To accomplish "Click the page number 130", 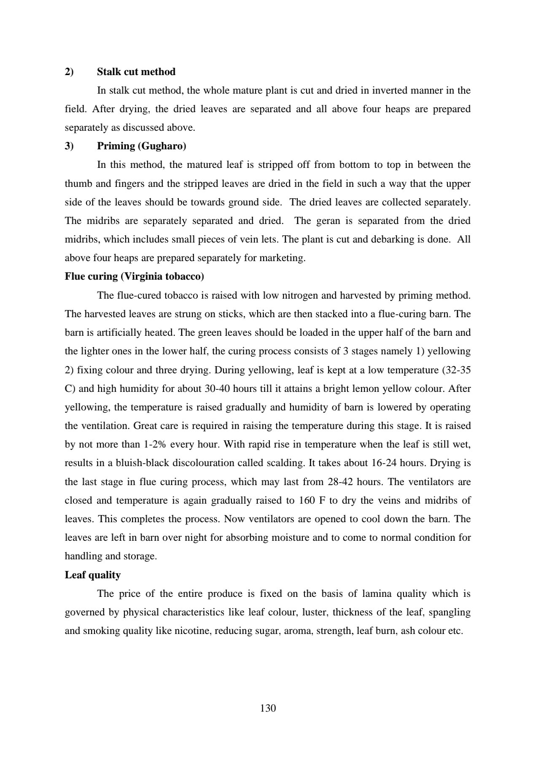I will (x=268, y=708).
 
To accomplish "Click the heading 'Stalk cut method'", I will (x=136, y=72).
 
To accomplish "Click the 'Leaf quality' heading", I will (x=93, y=575).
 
